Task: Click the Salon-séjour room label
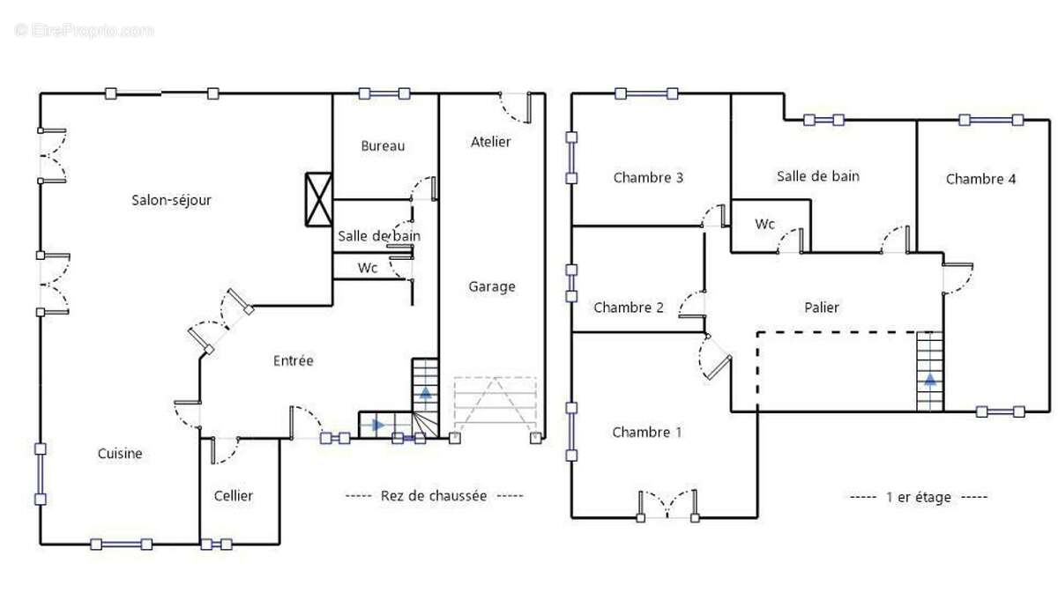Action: pyautogui.click(x=171, y=200)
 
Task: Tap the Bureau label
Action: pyautogui.click(x=383, y=146)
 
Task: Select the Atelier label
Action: pyautogui.click(x=490, y=142)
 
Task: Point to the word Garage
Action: pyautogui.click(x=492, y=286)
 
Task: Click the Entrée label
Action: pyautogui.click(x=294, y=360)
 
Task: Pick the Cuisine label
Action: pyautogui.click(x=120, y=453)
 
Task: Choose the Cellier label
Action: pyautogui.click(x=234, y=496)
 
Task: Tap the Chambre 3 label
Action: pyautogui.click(x=648, y=177)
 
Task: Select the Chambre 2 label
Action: pyautogui.click(x=629, y=308)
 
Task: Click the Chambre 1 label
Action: pyautogui.click(x=647, y=432)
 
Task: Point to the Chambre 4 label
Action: pyautogui.click(x=980, y=179)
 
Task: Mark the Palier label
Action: pyautogui.click(x=822, y=308)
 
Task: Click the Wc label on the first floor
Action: pyautogui.click(x=764, y=224)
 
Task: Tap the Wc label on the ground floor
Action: pyautogui.click(x=368, y=268)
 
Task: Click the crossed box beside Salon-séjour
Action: pyautogui.click(x=319, y=199)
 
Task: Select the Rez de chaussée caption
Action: pyautogui.click(x=434, y=496)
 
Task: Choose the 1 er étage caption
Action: pyautogui.click(x=919, y=497)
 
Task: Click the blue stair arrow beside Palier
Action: pyautogui.click(x=930, y=381)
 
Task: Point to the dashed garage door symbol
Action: pyautogui.click(x=495, y=405)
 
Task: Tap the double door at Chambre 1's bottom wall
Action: pyautogui.click(x=667, y=506)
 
